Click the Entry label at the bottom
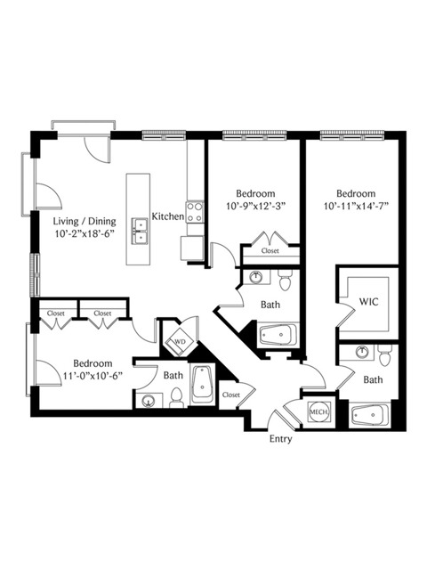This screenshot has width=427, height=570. pos(280,439)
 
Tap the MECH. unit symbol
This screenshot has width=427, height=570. pos(319,411)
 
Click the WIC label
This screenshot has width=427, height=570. pos(368,301)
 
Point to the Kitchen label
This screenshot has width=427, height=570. pos(168,216)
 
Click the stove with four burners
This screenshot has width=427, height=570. pos(195,212)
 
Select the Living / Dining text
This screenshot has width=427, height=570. pos(85,221)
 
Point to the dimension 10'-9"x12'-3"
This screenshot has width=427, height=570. pos(255,206)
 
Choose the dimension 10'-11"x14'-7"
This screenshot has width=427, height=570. pos(356,206)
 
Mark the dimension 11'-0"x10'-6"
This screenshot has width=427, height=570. pos(93,376)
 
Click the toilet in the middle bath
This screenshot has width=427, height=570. pos(285,280)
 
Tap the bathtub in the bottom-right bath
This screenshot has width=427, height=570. pos(370,415)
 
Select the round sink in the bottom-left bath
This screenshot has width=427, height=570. pos(149,402)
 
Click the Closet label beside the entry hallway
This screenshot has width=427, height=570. pos(231,395)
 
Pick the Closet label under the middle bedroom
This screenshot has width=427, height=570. pos(270,250)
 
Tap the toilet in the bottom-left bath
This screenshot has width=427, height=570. pos(176,398)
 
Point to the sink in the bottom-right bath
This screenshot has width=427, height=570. pos(362,353)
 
